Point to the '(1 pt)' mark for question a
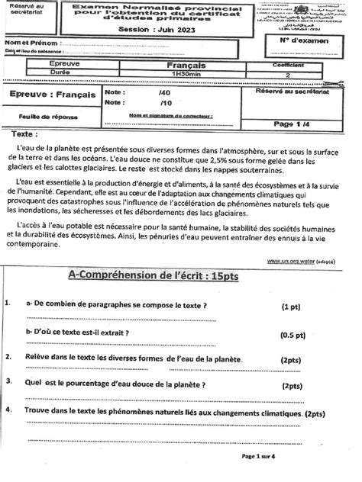(x=290, y=307)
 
